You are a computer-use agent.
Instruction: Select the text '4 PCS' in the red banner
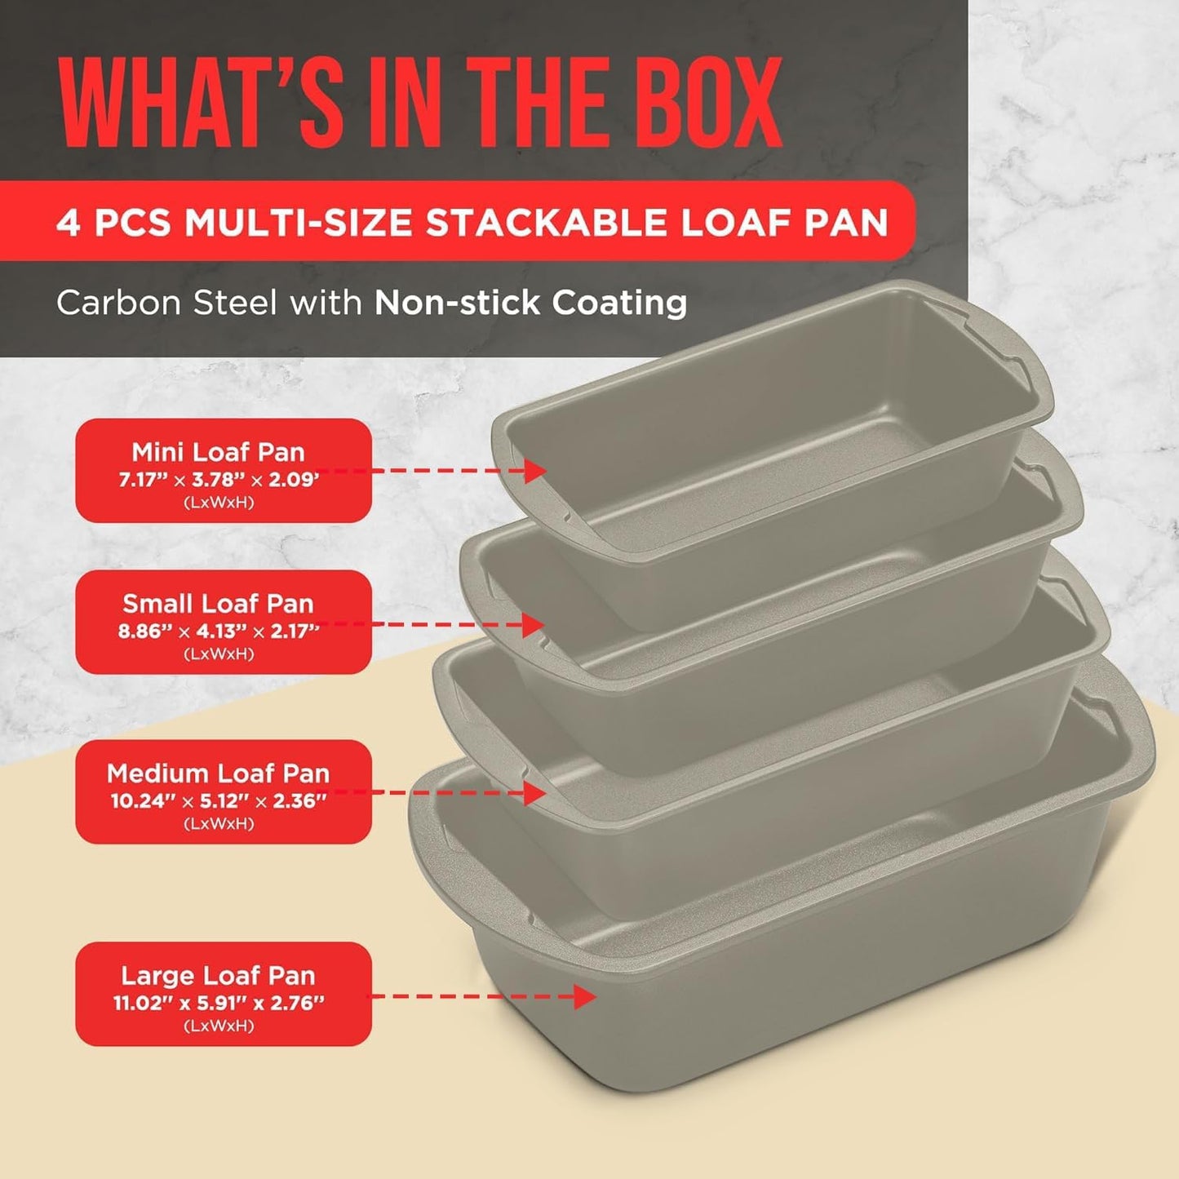tap(113, 222)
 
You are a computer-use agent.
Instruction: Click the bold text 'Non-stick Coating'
tap(530, 303)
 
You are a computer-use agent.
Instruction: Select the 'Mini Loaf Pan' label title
tap(218, 452)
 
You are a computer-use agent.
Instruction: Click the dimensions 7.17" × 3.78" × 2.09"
tap(218, 480)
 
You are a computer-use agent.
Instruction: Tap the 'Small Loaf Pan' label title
tap(218, 604)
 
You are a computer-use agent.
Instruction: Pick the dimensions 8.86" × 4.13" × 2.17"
tap(218, 632)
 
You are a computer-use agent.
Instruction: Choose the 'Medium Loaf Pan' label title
tap(218, 773)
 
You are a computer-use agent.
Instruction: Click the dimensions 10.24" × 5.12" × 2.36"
tap(218, 801)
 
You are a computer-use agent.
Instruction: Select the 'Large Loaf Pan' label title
tap(218, 976)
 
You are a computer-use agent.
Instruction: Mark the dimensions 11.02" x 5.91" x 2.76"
tap(218, 1004)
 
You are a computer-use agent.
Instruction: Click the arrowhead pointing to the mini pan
tap(535, 471)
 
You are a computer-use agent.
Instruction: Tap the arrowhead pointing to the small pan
tap(534, 625)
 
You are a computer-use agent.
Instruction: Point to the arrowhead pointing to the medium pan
tap(535, 792)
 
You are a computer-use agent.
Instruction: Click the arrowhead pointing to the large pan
tap(585, 996)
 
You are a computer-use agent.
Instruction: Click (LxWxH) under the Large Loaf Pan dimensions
tap(218, 1026)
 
